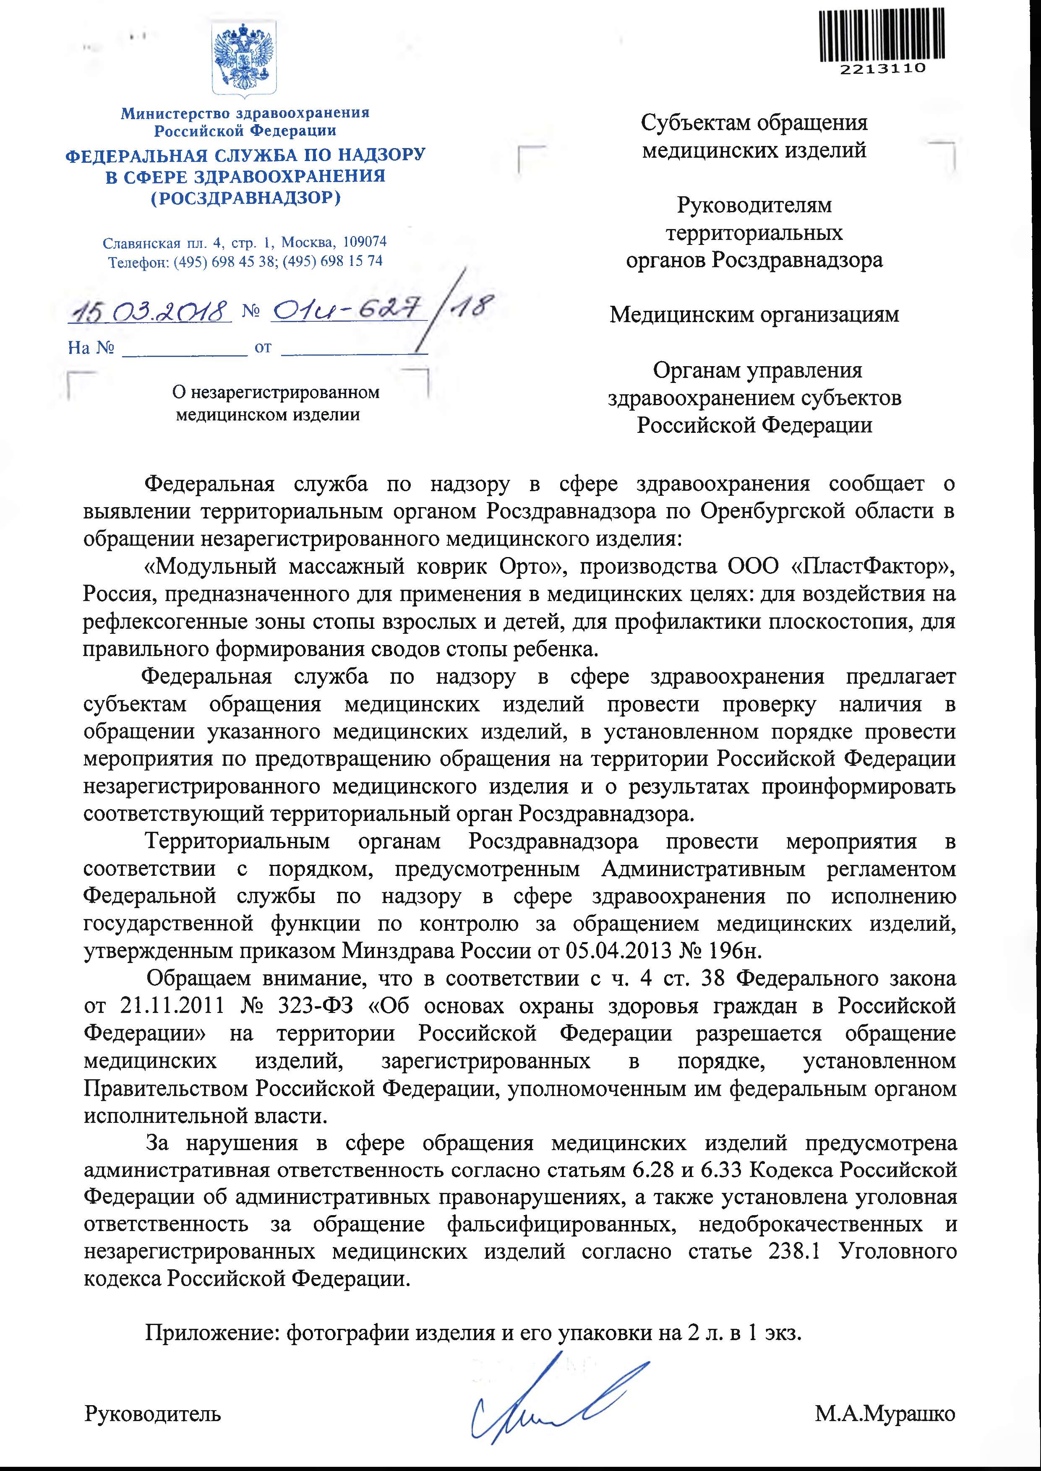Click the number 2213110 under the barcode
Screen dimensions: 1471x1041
(883, 68)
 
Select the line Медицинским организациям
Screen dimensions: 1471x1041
(754, 315)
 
